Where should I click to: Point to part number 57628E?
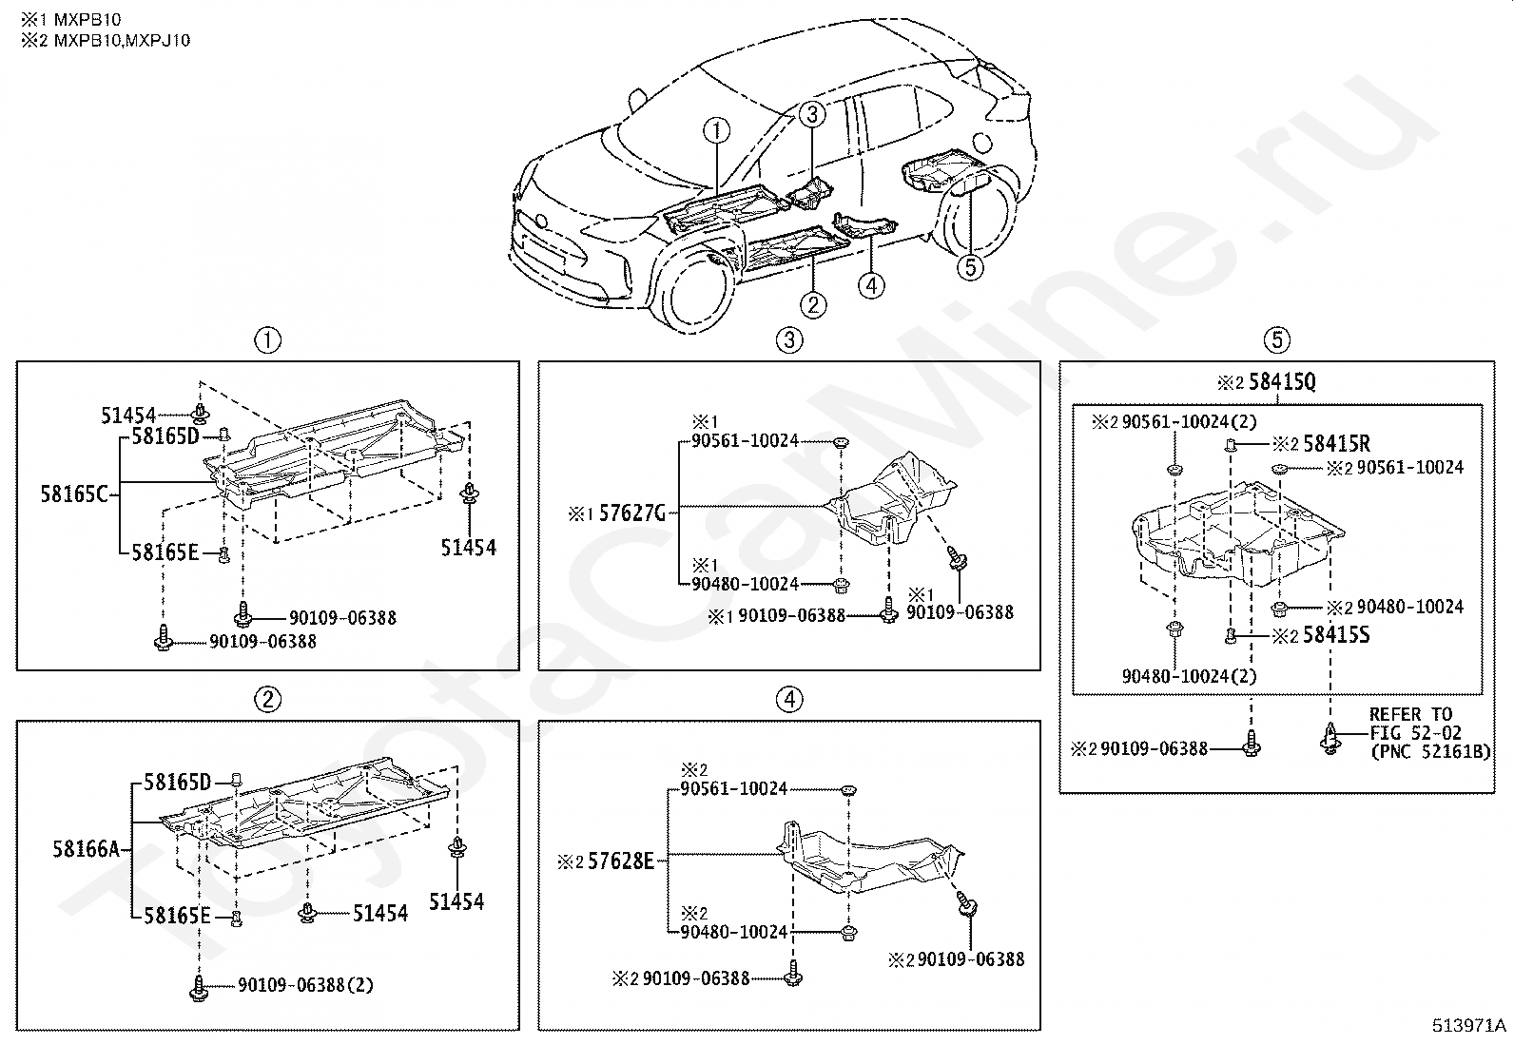coord(621,861)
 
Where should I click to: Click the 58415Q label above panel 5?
coord(1281,382)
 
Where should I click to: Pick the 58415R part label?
coord(1336,444)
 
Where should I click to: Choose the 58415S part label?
coord(1335,635)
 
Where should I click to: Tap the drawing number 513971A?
coord(1469,1025)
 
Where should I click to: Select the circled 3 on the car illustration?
coord(810,115)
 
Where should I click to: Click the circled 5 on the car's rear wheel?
coord(969,267)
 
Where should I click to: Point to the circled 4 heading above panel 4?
coord(788,699)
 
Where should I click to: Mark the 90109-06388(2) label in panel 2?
coord(305,985)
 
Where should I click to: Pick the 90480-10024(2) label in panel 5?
coord(1189,676)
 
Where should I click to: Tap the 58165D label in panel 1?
coord(165,437)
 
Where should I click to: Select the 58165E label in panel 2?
coord(177,917)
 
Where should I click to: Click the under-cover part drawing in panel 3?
coord(894,499)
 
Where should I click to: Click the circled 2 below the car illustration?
coord(813,304)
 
